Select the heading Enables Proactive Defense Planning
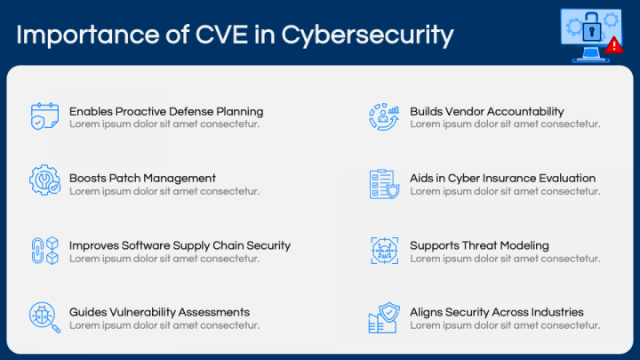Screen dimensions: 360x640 click(x=166, y=112)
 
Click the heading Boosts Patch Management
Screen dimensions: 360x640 click(x=142, y=178)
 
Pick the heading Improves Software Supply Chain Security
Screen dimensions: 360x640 click(x=180, y=245)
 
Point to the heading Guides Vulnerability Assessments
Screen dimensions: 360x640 click(x=159, y=312)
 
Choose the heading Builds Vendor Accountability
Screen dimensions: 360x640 click(x=486, y=112)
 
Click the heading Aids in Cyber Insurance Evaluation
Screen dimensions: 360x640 click(x=502, y=178)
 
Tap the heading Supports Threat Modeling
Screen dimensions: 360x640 click(x=479, y=245)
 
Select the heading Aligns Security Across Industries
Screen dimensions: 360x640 click(x=496, y=312)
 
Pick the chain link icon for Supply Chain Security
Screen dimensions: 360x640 click(x=44, y=251)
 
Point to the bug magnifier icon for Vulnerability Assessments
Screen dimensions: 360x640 click(x=44, y=317)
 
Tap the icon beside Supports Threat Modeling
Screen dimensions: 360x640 click(x=384, y=251)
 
